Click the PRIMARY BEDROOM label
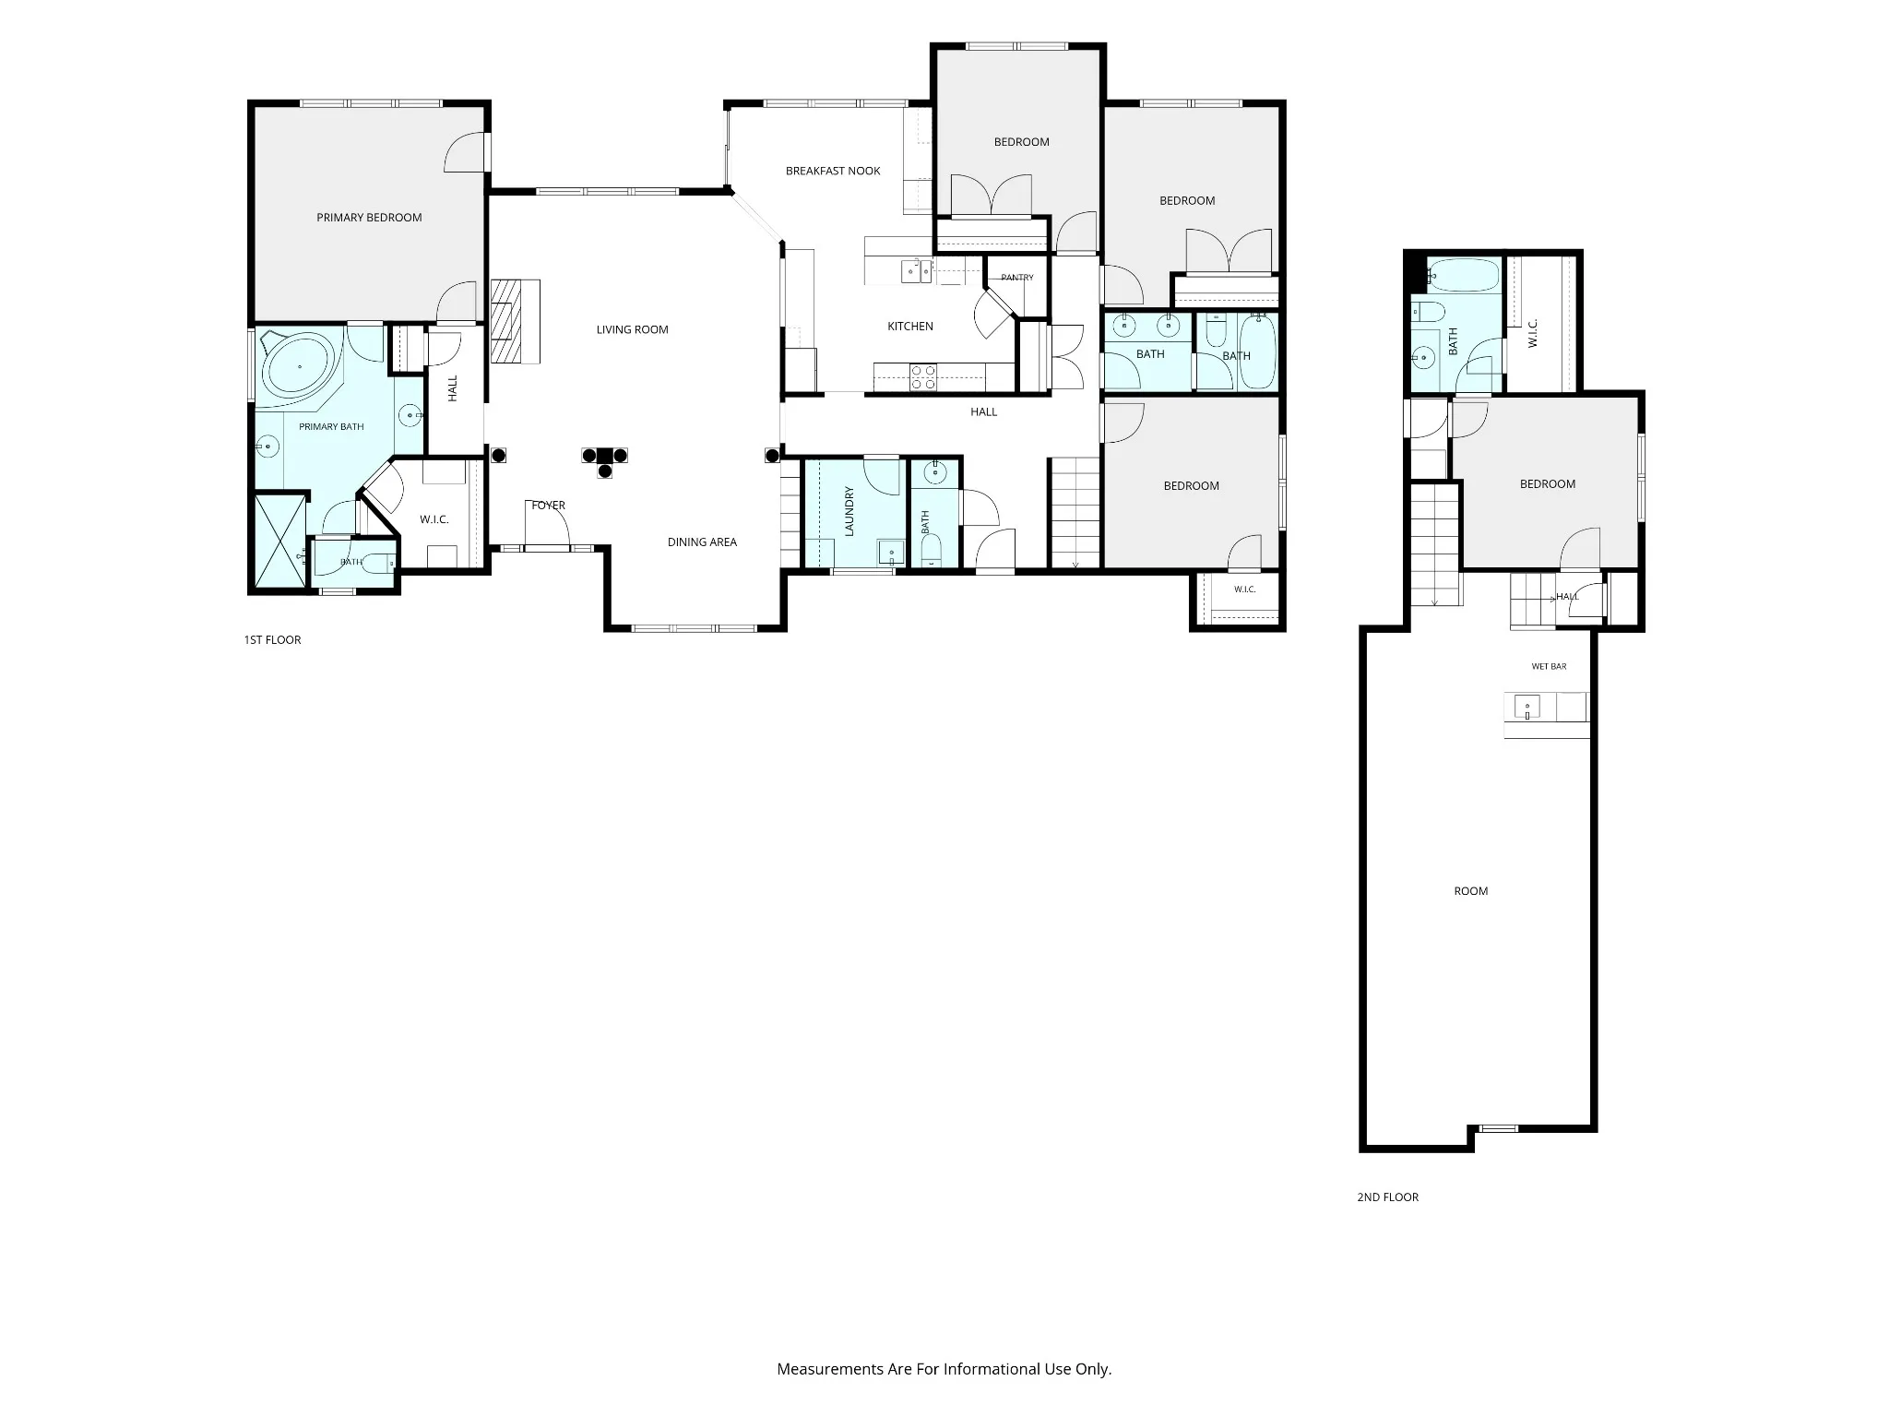click(x=369, y=218)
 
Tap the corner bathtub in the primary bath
click(x=299, y=367)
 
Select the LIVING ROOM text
click(x=632, y=329)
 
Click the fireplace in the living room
click(x=515, y=321)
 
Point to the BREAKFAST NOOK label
click(x=833, y=171)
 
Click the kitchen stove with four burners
click(x=923, y=377)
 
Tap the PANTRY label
click(x=1017, y=278)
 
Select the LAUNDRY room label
click(x=849, y=511)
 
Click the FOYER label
click(x=548, y=506)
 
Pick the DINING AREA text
click(x=702, y=542)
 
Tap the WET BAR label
click(x=1549, y=666)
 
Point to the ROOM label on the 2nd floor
click(x=1471, y=891)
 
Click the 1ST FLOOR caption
click(x=272, y=639)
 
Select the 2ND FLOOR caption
click(x=1387, y=1197)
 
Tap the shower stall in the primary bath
click(x=279, y=541)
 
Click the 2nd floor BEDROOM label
click(x=1548, y=484)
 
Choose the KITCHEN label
click(x=910, y=327)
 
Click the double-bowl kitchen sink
click(x=918, y=271)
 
